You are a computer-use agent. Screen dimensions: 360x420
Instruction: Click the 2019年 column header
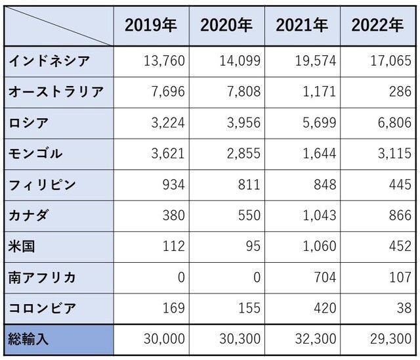tap(151, 26)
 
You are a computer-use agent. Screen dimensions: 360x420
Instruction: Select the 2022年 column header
tap(377, 26)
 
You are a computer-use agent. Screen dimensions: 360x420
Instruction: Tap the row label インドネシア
tap(49, 61)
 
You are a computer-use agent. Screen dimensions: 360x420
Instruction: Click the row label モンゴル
tap(35, 154)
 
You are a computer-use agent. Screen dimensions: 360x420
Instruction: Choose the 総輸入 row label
tap(29, 340)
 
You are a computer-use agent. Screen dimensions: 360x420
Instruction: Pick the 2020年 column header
tap(226, 26)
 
